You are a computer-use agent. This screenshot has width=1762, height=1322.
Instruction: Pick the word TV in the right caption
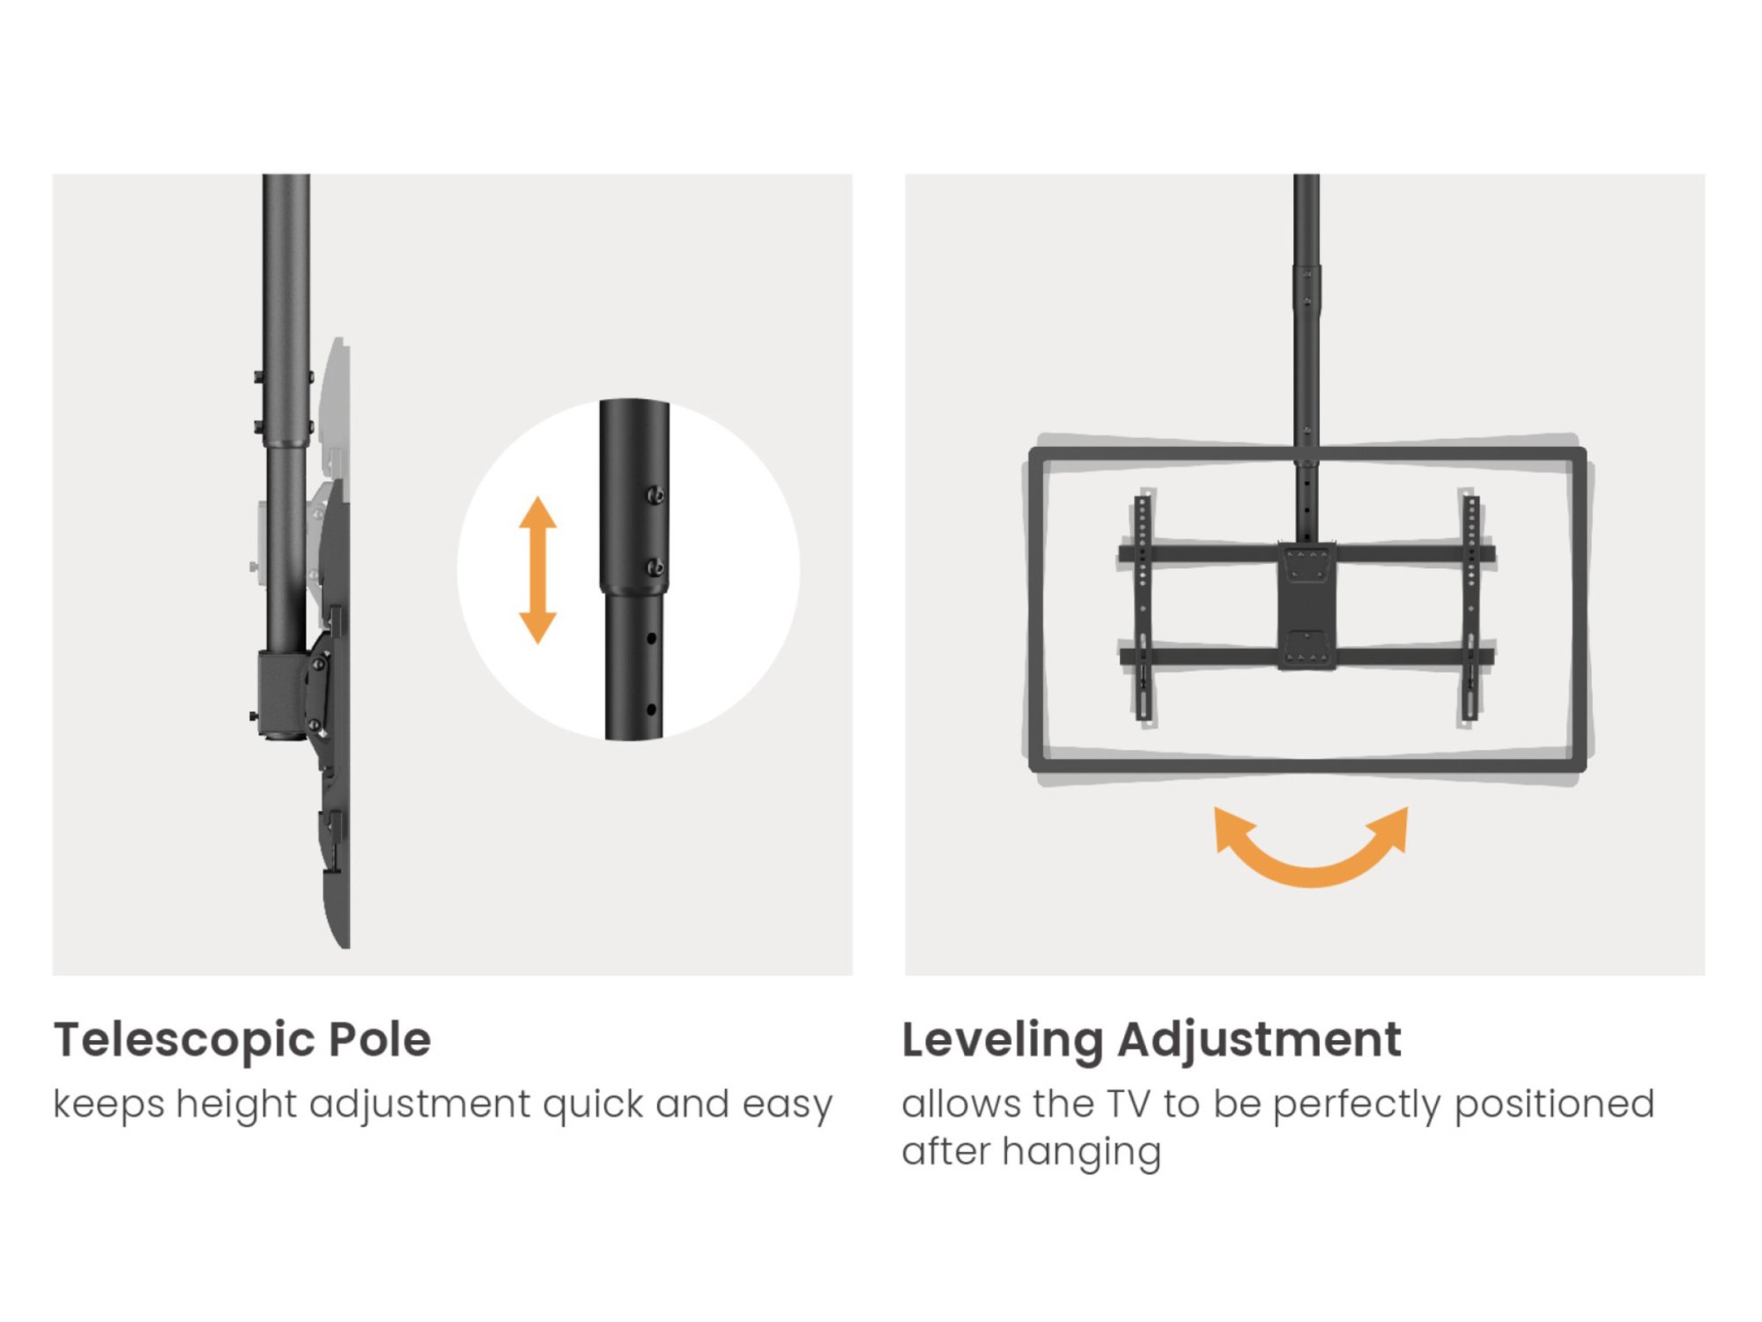(x=1129, y=1104)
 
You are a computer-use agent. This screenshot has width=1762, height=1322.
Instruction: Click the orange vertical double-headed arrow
(x=537, y=569)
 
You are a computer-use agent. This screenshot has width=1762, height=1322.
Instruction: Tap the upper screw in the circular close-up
(x=655, y=495)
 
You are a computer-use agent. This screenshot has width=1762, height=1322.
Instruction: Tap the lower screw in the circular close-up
(x=655, y=568)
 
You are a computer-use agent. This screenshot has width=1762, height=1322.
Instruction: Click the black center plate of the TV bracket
(x=1307, y=606)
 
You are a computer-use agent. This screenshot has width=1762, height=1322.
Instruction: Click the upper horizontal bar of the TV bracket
(x=1307, y=554)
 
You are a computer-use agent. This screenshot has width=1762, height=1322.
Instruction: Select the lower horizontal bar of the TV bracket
(x=1307, y=657)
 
